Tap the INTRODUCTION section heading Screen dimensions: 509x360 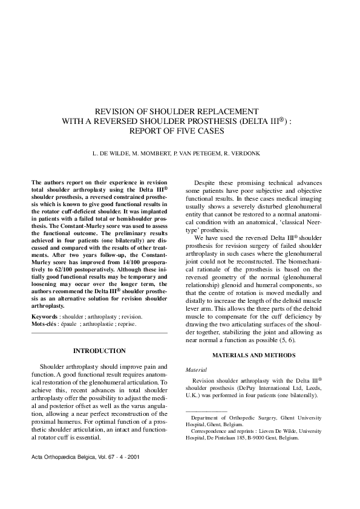coord(99,351)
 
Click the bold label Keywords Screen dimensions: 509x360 coord(44,316)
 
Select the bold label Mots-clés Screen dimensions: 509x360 coord(45,323)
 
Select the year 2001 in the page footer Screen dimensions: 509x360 coord(133,457)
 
